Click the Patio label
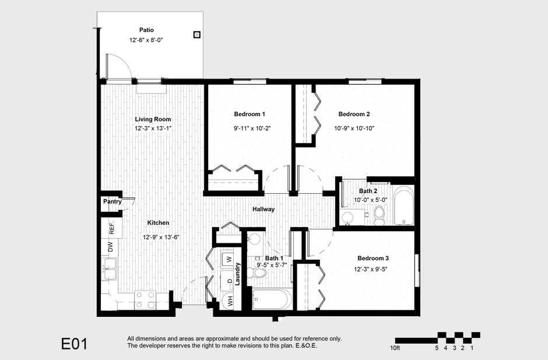146,30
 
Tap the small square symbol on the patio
197,34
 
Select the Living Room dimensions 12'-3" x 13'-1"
153,128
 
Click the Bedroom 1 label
250,114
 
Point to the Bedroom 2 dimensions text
353,128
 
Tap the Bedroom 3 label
373,258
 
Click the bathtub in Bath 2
403,206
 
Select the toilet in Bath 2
378,215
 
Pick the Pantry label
112,202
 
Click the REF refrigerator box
111,227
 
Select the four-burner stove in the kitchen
145,300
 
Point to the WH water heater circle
230,302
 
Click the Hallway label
264,209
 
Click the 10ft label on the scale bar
395,348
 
